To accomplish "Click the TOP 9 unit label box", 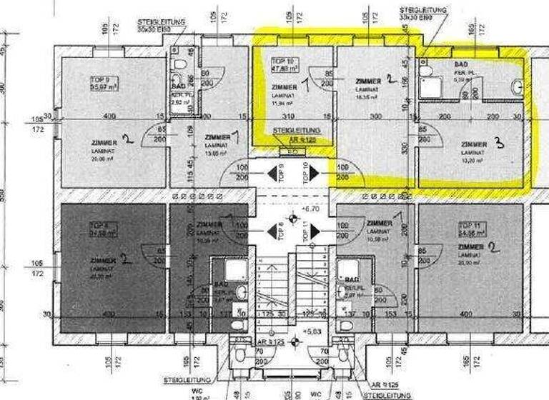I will coord(101,83).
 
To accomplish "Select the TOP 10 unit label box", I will coord(283,66).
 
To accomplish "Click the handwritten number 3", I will coord(499,143).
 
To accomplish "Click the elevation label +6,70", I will coord(310,210).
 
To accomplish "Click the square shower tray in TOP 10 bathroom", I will coord(431,86).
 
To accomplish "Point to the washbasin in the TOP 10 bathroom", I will coord(517,86).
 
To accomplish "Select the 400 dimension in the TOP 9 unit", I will coord(109,116).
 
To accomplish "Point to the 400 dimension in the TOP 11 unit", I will coord(466,314).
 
